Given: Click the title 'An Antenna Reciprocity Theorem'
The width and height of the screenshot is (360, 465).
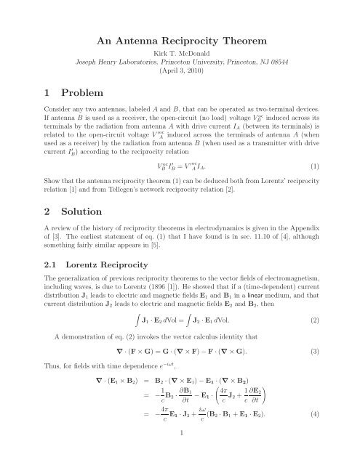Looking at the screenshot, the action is click(x=180, y=41).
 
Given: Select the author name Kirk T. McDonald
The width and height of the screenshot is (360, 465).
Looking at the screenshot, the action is click(x=180, y=55).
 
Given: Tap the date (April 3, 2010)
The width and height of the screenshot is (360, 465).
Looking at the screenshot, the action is click(x=180, y=74).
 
